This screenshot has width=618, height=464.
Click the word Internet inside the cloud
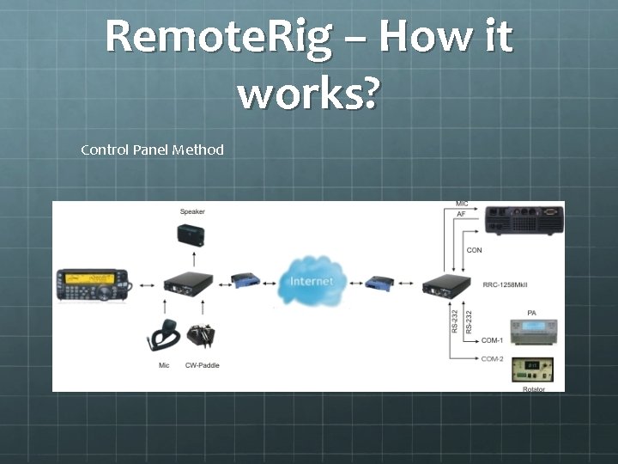tap(312, 282)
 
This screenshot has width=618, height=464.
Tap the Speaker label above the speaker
tap(192, 211)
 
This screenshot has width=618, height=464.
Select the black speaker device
tap(191, 235)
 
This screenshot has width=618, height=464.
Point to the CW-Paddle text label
tap(203, 365)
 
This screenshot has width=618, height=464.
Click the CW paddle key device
tap(202, 335)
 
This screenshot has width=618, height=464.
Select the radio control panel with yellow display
tap(92, 285)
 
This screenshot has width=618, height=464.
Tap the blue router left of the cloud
tap(245, 281)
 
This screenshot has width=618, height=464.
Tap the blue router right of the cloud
tap(378, 282)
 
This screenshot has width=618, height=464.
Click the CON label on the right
tap(474, 250)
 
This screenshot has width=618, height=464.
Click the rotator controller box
tap(533, 370)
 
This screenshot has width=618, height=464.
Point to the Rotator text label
tap(534, 389)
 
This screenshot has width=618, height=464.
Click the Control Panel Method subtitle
tap(152, 150)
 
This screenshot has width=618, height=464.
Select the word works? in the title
tap(307, 92)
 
